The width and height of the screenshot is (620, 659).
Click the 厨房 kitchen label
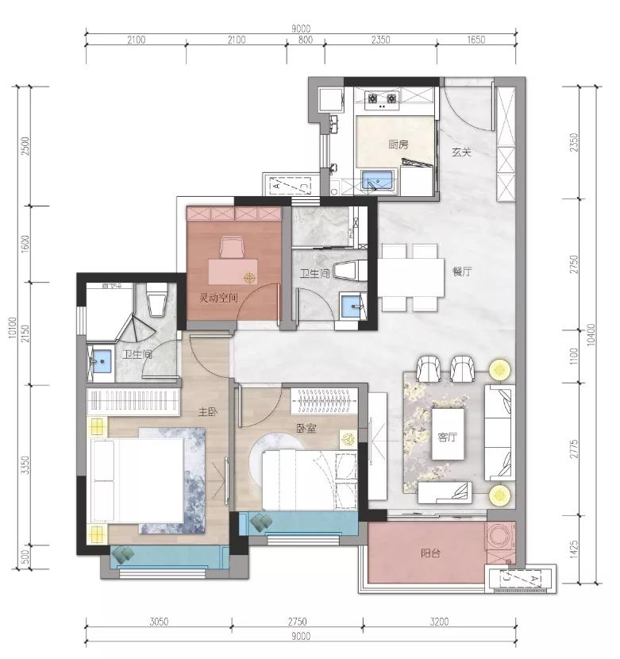(398, 145)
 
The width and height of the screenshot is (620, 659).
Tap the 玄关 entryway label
(461, 152)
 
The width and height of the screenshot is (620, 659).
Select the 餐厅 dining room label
(461, 272)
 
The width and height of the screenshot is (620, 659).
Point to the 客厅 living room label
(447, 437)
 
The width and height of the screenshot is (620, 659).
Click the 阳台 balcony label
(430, 553)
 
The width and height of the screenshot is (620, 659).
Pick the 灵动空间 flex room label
(218, 299)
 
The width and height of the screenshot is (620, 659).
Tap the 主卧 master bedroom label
(208, 412)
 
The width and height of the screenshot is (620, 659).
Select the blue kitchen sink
(377, 181)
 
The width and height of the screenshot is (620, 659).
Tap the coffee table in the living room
(448, 434)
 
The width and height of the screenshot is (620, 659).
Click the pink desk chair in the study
(232, 247)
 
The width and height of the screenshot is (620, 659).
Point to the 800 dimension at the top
(306, 40)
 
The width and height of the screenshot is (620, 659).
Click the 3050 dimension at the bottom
(159, 621)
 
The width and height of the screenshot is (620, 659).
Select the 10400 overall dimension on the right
(591, 334)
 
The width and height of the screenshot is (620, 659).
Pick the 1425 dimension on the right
(573, 549)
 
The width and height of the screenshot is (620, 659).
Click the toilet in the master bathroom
(156, 299)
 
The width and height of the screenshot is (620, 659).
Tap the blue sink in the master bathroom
(101, 360)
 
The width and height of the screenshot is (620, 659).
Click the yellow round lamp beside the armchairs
(500, 370)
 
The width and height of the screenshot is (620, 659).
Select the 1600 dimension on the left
(25, 243)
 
